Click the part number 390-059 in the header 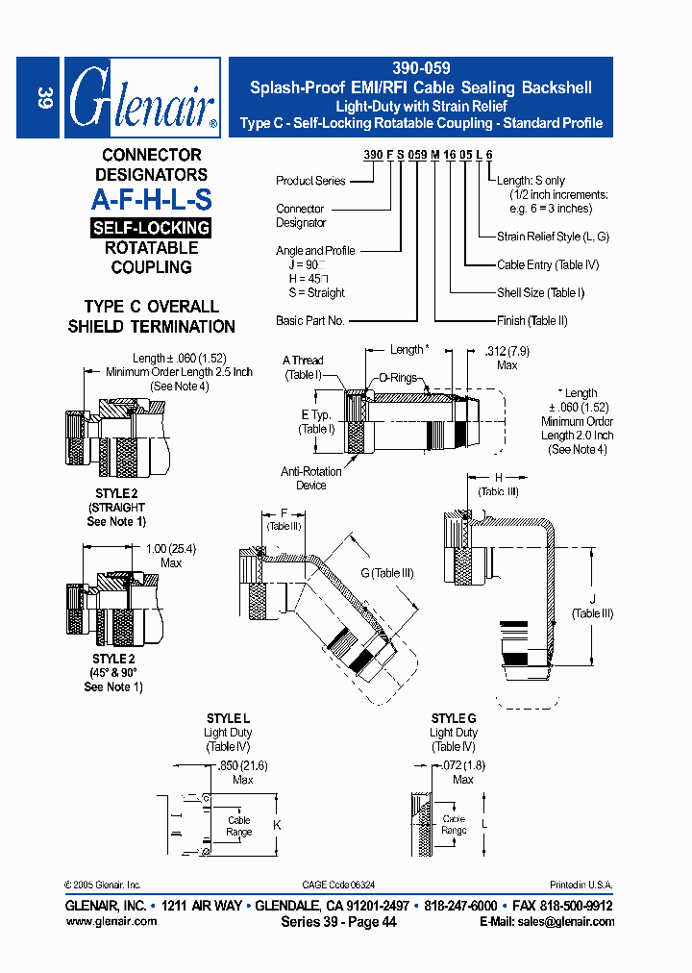coord(421,69)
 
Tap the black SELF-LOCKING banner coord(151,228)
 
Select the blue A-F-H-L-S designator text coord(151,200)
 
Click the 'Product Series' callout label coord(309,181)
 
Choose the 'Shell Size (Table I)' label coord(540,292)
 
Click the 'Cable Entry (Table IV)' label coord(548,265)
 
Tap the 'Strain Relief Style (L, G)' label coord(553,237)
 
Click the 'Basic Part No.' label coord(309,321)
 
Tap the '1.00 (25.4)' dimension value coord(170,549)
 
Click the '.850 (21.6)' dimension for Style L coord(241,765)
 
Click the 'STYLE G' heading coord(454,718)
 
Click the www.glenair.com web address coord(111,921)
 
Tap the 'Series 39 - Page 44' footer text coord(338,921)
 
